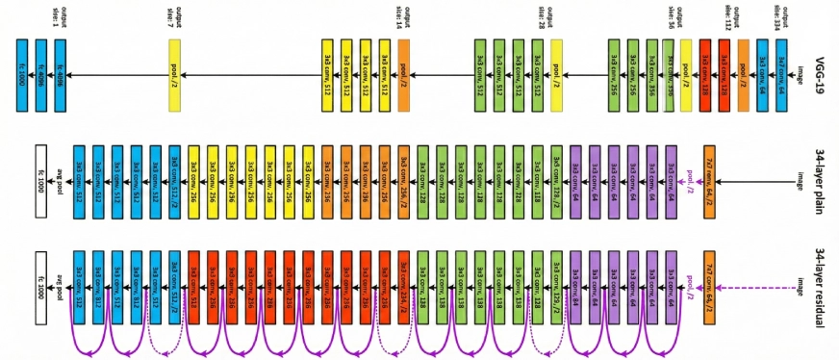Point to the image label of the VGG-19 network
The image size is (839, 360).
[800, 75]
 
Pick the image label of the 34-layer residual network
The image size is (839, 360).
[800, 287]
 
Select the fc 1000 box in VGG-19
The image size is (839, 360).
[22, 75]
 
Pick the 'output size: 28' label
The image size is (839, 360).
[543, 16]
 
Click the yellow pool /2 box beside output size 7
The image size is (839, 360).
[174, 75]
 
